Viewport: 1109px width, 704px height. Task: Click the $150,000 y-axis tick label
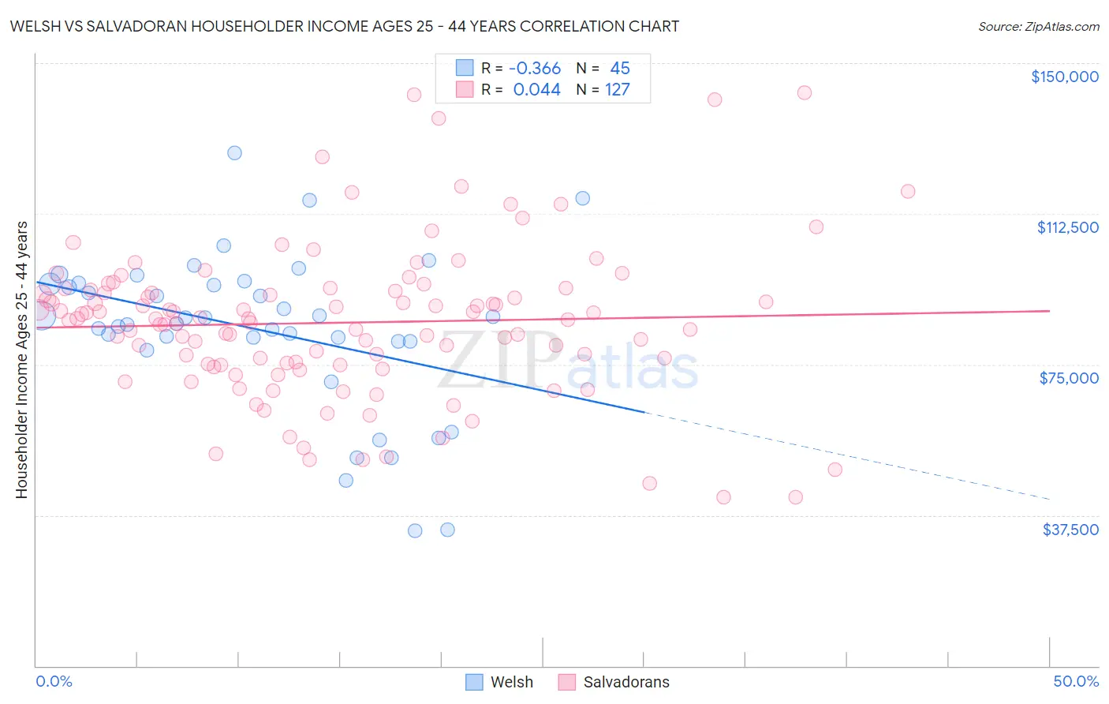[x=1064, y=77]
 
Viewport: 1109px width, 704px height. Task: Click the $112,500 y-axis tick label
[x=1066, y=227]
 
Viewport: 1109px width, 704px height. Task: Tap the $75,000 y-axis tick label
[x=1068, y=378]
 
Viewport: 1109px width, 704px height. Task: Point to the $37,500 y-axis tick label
[x=1070, y=530]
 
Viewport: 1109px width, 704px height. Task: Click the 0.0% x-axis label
[x=54, y=681]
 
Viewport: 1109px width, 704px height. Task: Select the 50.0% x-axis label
[x=1075, y=681]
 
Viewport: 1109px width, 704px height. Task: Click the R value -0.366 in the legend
[x=535, y=68]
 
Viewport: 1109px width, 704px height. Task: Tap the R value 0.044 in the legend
[x=536, y=89]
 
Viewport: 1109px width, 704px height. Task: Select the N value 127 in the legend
[x=617, y=89]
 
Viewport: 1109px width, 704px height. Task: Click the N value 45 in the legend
[x=619, y=68]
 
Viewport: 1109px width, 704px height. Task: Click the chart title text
[x=344, y=26]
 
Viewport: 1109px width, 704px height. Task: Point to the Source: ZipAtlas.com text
[x=1038, y=26]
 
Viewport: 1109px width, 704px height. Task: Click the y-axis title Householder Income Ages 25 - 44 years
[x=21, y=360]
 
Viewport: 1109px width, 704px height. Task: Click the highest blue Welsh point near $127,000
[x=234, y=153]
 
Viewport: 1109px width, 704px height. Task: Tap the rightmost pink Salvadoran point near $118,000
[x=908, y=192]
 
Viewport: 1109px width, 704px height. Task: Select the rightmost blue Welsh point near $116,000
[x=582, y=198]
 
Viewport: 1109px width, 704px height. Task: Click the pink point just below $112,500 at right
[x=816, y=227]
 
